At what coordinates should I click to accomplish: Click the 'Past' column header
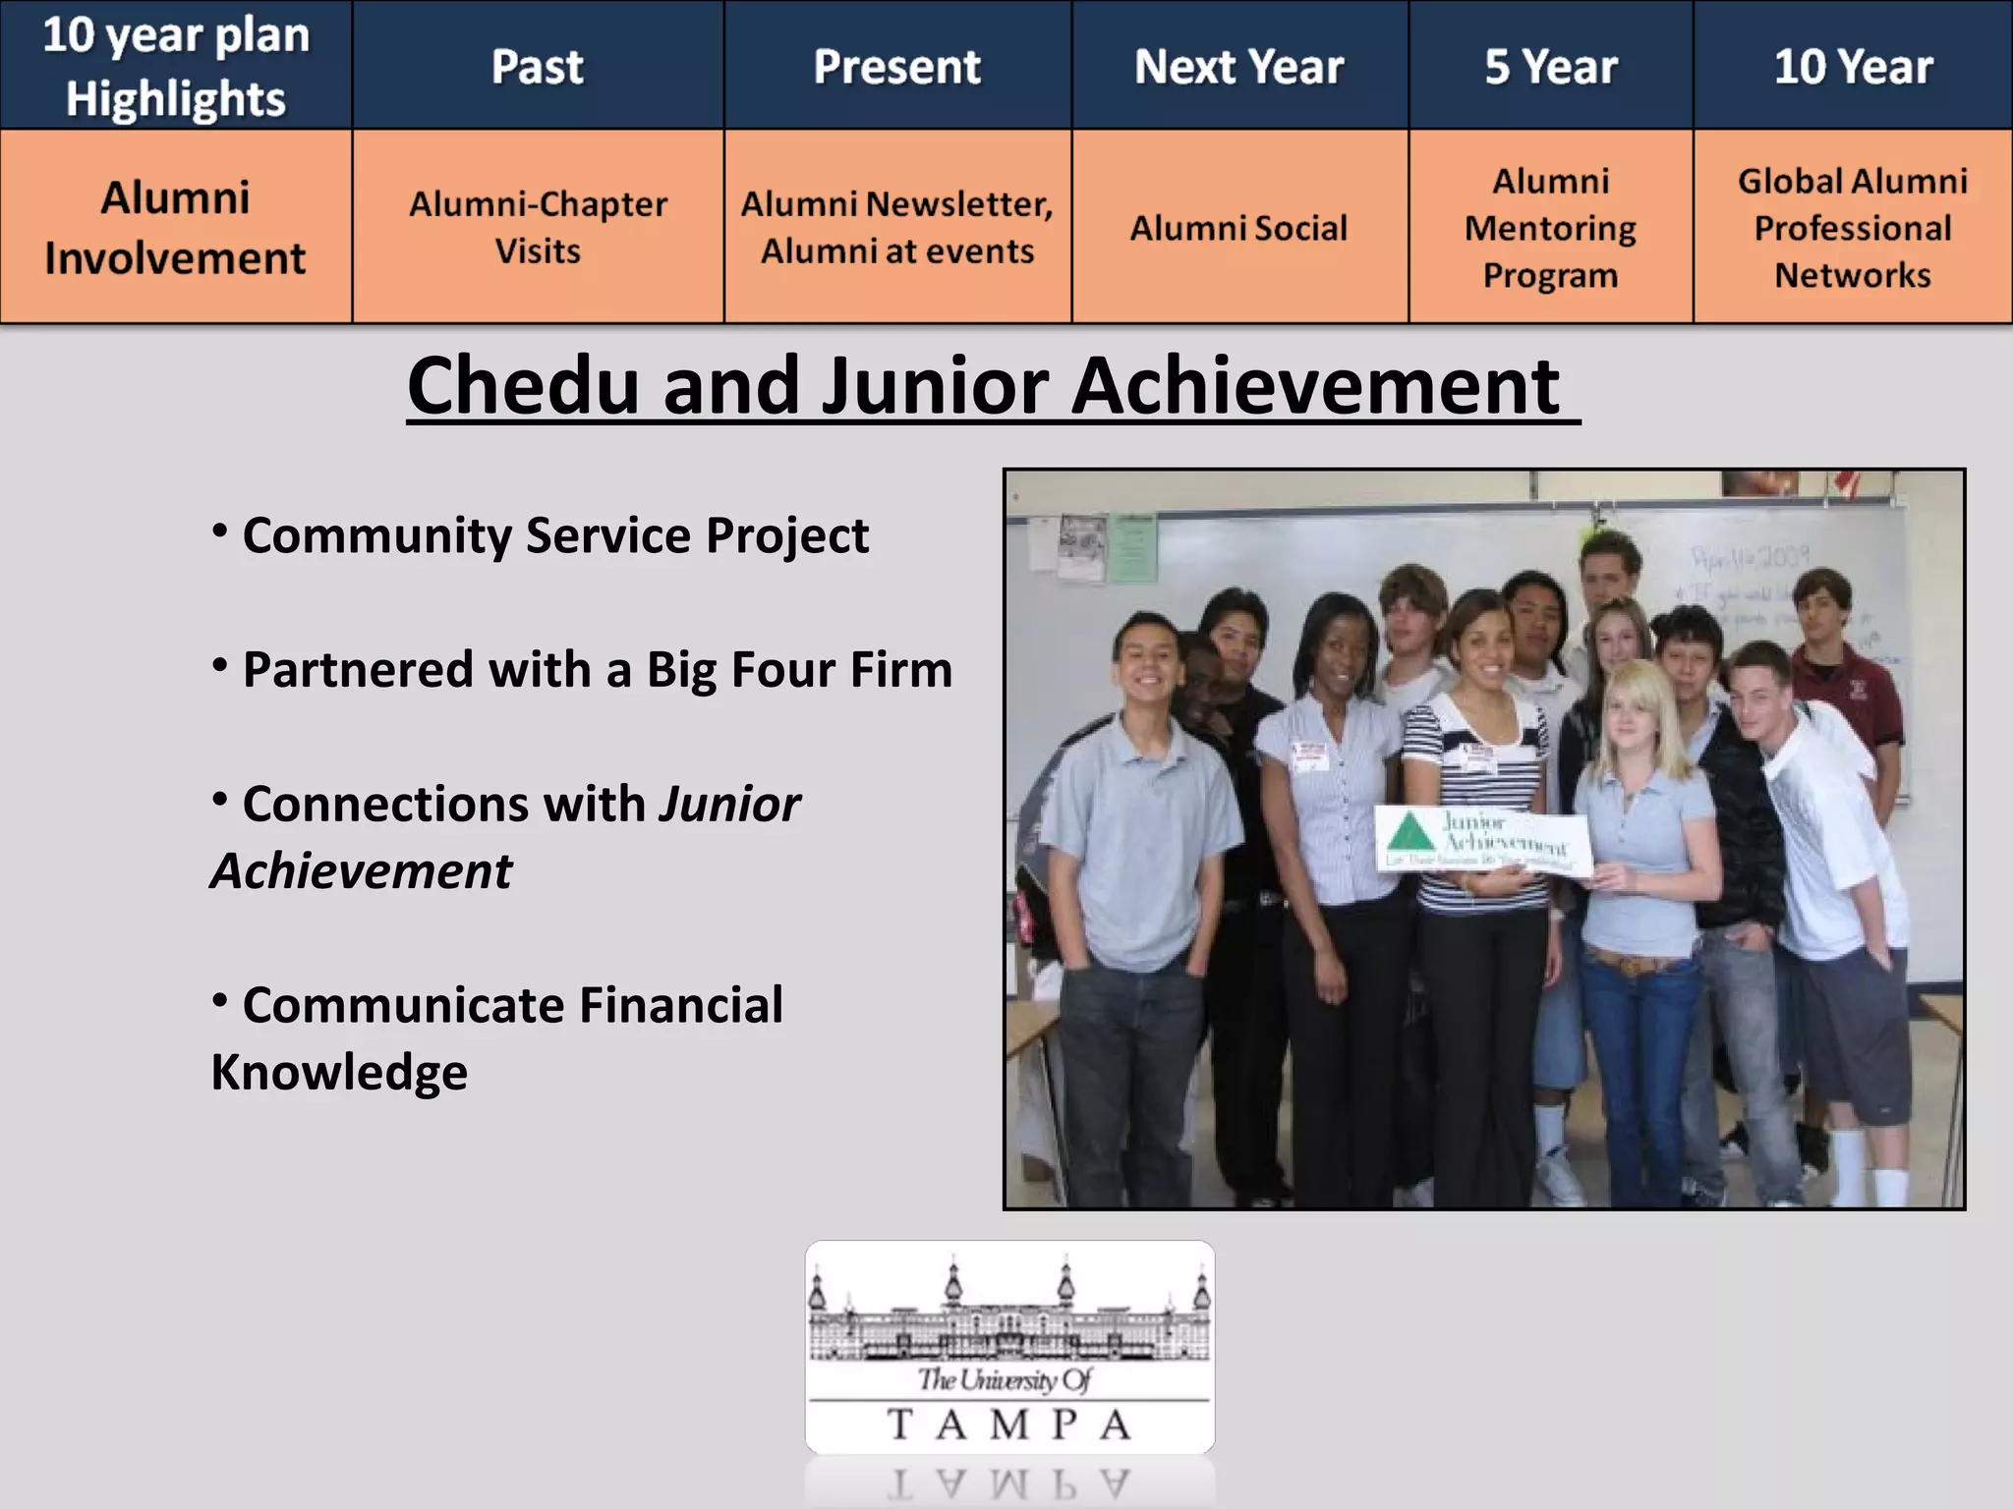pos(538,67)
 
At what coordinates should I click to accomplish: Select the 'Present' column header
pos(896,67)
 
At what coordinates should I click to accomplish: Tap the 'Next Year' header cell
pos(1238,67)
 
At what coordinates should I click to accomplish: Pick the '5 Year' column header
pos(1550,67)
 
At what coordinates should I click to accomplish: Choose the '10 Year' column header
pos(1853,67)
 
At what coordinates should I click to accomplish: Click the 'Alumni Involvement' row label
pos(175,227)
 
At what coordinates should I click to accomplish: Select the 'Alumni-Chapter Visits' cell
pos(538,227)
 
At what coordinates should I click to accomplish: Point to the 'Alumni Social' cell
pos(1238,228)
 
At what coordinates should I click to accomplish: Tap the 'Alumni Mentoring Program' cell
pos(1550,228)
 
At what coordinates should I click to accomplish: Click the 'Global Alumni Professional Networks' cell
pos(1853,228)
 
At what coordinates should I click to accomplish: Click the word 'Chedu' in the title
pos(523,385)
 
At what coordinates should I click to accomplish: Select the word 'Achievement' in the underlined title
pos(1315,385)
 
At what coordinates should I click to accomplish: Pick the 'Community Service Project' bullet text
pos(555,535)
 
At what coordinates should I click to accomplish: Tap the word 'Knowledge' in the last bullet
pos(339,1072)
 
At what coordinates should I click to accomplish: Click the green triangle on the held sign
pos(1411,833)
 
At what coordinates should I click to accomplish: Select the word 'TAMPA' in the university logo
pos(1009,1425)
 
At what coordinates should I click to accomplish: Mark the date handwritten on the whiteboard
pos(1750,558)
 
